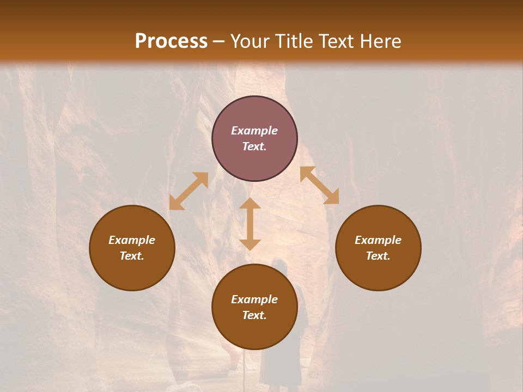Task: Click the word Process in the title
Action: pos(171,41)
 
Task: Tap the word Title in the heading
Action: pos(294,41)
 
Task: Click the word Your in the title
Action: pos(250,41)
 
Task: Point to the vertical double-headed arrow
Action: pos(250,224)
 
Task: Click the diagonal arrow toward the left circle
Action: pos(188,191)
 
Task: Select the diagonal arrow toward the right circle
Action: pos(319,185)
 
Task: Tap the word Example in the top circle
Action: pos(254,131)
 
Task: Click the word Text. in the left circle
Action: pos(132,256)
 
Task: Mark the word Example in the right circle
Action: pos(378,240)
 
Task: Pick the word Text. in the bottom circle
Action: pos(254,315)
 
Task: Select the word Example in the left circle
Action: pos(132,240)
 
